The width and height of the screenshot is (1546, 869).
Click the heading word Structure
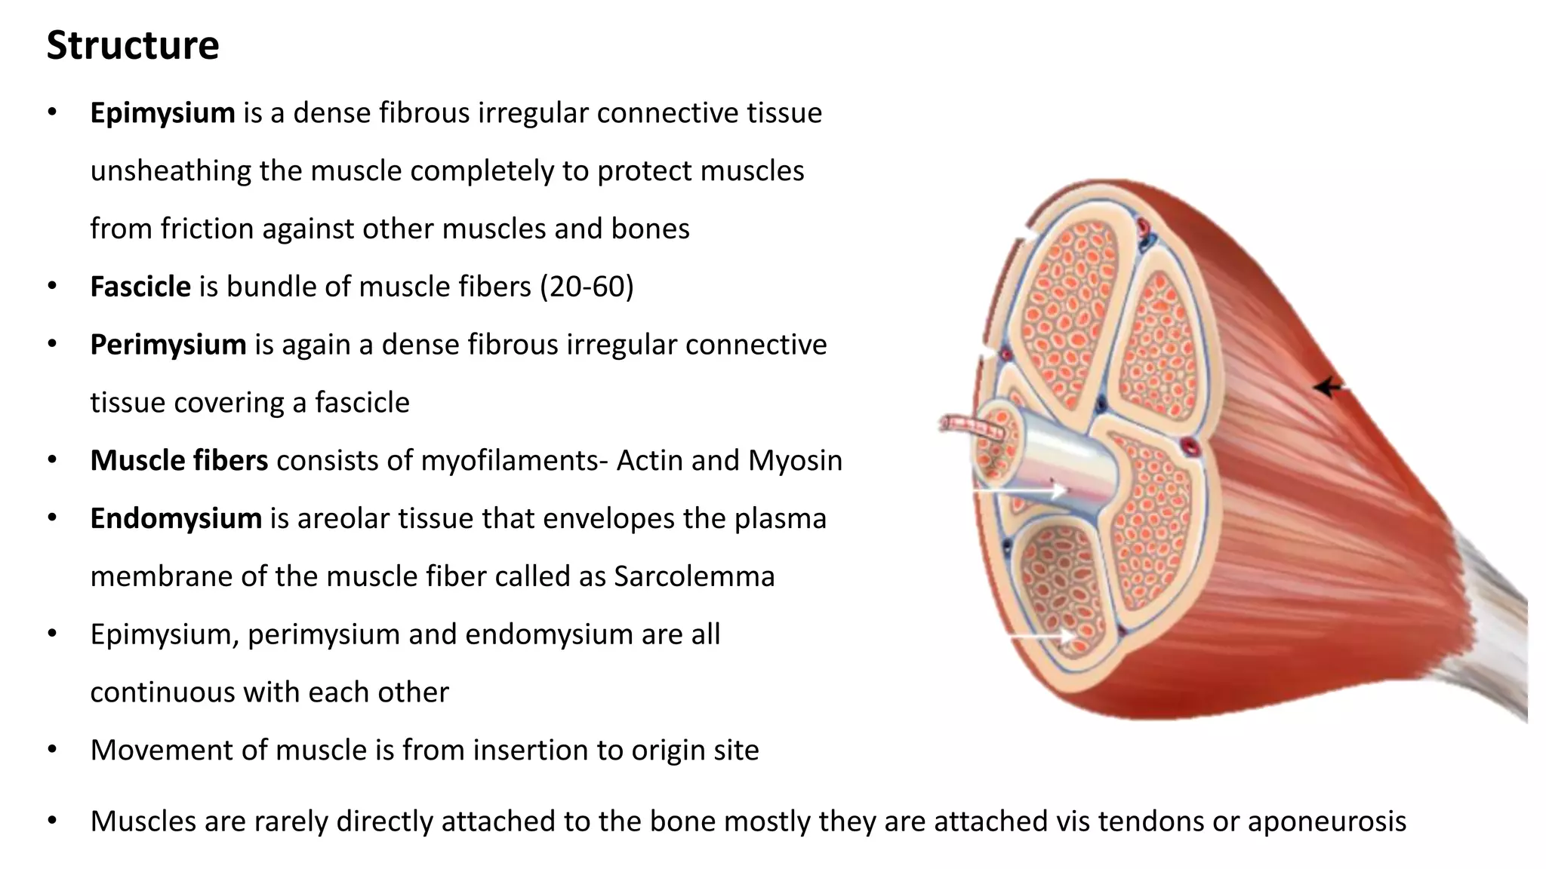[133, 45]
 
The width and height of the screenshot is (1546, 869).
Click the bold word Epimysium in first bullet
[162, 113]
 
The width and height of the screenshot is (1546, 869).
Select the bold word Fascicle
[140, 287]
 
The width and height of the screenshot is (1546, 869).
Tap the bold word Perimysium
[168, 345]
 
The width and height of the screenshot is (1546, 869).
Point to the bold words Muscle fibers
[179, 461]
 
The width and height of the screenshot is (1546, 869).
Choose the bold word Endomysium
[175, 519]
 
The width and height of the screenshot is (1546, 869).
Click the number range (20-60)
[587, 287]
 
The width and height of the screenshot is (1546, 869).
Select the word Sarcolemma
[694, 577]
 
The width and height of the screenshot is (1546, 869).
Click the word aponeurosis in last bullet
[1326, 821]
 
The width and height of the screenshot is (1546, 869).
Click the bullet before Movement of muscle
[52, 751]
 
